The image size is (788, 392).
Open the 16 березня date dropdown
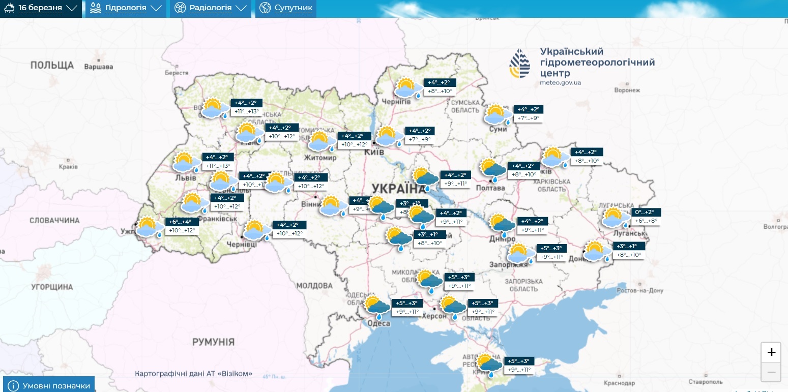coord(41,9)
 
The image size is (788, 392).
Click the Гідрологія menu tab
coord(125,9)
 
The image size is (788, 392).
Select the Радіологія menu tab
coord(210,9)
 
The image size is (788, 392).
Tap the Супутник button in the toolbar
coord(286,9)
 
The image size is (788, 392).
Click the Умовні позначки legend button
coord(49,385)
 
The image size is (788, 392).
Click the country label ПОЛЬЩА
coord(52,66)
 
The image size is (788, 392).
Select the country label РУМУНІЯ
coord(213,341)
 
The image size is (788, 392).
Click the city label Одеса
coord(378,323)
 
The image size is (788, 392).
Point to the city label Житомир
coord(320,158)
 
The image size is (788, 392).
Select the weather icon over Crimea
coord(489,365)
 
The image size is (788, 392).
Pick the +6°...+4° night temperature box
coord(180,222)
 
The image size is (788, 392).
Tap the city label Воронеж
coord(627,90)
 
